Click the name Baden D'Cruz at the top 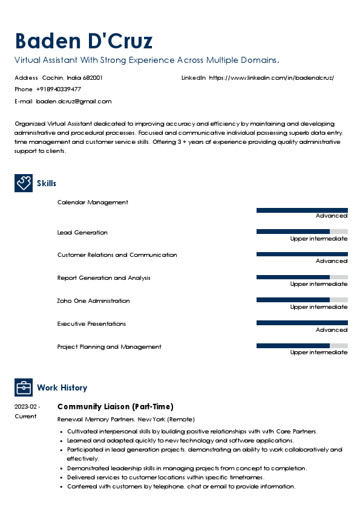[x=83, y=41]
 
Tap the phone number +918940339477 [x=58, y=89]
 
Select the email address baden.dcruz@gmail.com [x=74, y=102]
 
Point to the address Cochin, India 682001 [x=72, y=78]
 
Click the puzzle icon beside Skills [x=24, y=183]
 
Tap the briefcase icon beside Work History [x=24, y=387]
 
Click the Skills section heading [x=47, y=183]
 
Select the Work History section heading [x=62, y=387]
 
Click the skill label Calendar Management [x=93, y=203]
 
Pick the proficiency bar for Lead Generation [x=302, y=232]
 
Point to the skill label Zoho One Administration [x=93, y=301]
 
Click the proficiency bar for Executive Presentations [x=302, y=323]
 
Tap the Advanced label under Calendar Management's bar [x=332, y=216]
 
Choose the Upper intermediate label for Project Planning [x=319, y=352]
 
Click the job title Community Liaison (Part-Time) [x=115, y=406]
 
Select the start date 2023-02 [x=27, y=407]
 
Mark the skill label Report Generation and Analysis [x=103, y=278]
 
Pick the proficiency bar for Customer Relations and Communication [x=302, y=254]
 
